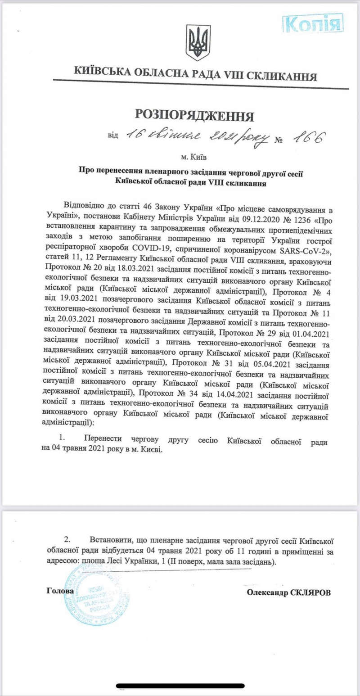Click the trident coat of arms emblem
pos(198,42)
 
